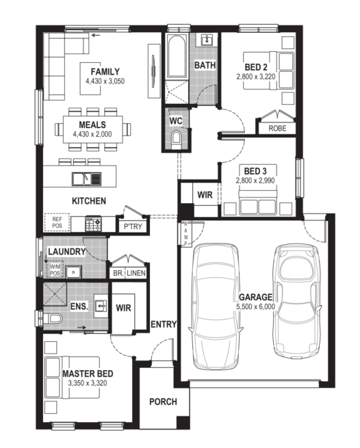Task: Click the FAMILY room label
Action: [x=105, y=71]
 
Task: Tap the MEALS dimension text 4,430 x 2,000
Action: [x=92, y=134]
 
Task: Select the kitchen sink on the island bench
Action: [x=86, y=179]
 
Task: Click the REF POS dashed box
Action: [x=57, y=222]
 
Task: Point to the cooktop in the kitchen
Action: [x=93, y=224]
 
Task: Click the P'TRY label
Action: [x=133, y=226]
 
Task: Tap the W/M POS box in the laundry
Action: [x=55, y=269]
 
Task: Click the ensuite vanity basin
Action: [x=101, y=306]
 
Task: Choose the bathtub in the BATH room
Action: [x=177, y=56]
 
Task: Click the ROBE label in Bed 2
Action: [x=277, y=129]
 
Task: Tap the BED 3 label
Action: [x=255, y=171]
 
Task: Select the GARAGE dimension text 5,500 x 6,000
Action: [x=255, y=307]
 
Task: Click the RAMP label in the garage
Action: [x=185, y=233]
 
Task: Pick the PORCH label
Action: [x=163, y=401]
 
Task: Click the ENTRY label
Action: [x=164, y=324]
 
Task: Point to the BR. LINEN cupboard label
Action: [x=129, y=273]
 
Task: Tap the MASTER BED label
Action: [x=88, y=373]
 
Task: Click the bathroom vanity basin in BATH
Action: [x=207, y=40]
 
